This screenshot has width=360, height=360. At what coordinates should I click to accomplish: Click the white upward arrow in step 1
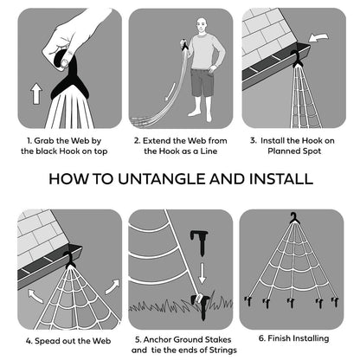click(x=36, y=93)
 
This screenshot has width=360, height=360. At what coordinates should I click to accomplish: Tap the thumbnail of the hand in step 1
click(x=66, y=62)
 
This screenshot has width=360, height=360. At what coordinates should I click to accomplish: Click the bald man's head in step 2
click(x=202, y=25)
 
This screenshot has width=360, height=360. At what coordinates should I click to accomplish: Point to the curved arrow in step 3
click(x=318, y=38)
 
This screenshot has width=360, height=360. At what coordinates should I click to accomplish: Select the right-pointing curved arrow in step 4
click(x=112, y=286)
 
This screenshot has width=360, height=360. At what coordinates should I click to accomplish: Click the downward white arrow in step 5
click(x=202, y=273)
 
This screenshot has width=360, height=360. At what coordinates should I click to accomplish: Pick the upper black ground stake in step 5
click(x=200, y=241)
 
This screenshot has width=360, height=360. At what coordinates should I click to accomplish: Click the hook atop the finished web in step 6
click(x=294, y=218)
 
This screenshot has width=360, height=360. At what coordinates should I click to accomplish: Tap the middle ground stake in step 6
click(x=292, y=303)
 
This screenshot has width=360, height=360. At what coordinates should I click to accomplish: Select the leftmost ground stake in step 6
click(x=247, y=301)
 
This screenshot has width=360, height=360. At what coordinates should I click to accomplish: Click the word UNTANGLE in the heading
click(x=161, y=179)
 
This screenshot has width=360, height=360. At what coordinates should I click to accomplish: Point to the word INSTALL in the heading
click(x=281, y=179)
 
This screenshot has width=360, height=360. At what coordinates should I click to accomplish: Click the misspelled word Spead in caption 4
click(x=47, y=341)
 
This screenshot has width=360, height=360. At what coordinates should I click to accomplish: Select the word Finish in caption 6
click(x=278, y=338)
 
